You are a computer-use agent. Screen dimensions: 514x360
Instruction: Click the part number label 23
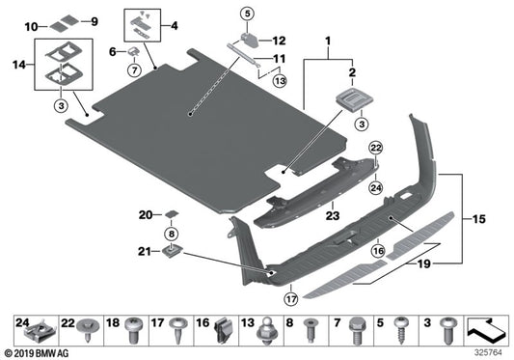click(x=333, y=215)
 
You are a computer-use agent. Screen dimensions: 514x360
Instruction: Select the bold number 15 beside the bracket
click(x=478, y=219)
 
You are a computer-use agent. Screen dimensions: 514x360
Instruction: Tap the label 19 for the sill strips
click(x=423, y=263)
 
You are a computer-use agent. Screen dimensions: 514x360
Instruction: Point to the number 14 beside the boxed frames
click(x=19, y=65)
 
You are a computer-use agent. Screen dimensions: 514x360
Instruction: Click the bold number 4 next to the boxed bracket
click(x=174, y=25)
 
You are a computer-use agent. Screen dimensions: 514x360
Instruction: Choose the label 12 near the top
click(x=279, y=41)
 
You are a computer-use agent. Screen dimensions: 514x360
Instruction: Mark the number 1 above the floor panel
click(x=328, y=42)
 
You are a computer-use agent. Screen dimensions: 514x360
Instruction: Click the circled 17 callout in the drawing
click(x=291, y=299)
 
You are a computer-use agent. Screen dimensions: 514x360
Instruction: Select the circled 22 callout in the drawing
click(x=376, y=148)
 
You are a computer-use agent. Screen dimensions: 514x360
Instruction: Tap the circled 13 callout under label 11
click(x=280, y=81)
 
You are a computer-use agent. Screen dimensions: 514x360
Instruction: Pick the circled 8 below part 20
click(x=172, y=234)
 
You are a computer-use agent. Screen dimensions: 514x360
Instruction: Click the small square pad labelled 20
click(x=171, y=214)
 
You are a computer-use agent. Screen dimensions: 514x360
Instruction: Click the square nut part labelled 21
click(x=172, y=252)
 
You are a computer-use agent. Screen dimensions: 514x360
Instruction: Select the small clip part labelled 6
click(x=134, y=50)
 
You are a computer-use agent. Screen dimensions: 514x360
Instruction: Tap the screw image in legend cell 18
click(x=134, y=330)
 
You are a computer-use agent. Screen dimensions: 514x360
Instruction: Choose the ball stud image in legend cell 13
click(x=267, y=331)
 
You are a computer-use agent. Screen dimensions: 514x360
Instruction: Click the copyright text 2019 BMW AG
click(x=37, y=354)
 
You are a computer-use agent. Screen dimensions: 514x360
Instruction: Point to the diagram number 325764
click(x=488, y=353)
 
